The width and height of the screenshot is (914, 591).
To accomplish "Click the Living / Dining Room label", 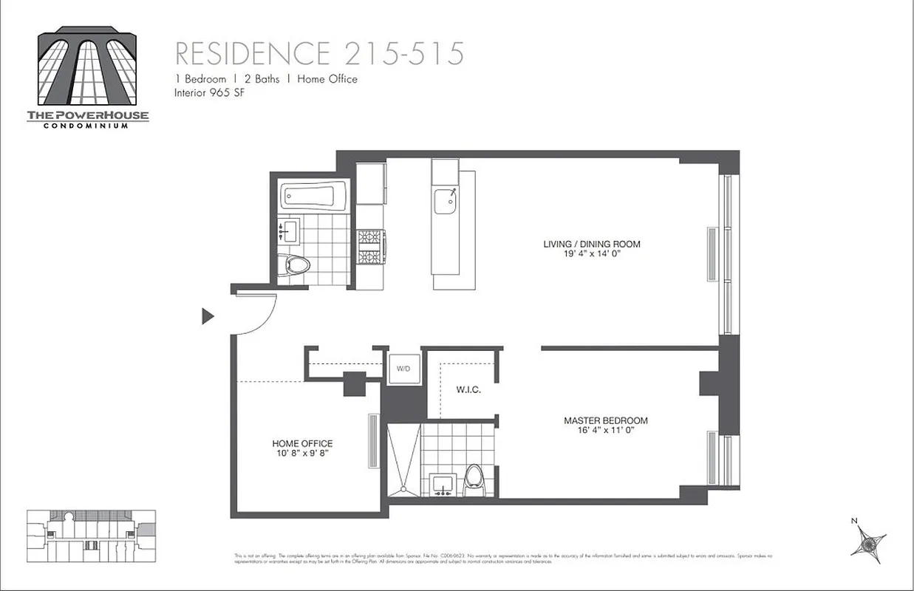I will click(592, 245).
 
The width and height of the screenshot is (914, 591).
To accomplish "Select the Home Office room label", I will click(302, 443).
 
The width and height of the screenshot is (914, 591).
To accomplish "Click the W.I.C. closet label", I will click(468, 389).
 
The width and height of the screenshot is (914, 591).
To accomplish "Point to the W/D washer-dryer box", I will click(403, 368).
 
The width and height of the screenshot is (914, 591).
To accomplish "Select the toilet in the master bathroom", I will click(473, 480).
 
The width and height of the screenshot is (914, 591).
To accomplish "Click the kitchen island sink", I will click(446, 200).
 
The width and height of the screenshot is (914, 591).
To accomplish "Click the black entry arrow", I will click(208, 316).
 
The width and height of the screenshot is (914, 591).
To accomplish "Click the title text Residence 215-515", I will click(319, 53).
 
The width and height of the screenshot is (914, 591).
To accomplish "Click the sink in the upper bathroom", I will click(288, 230).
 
